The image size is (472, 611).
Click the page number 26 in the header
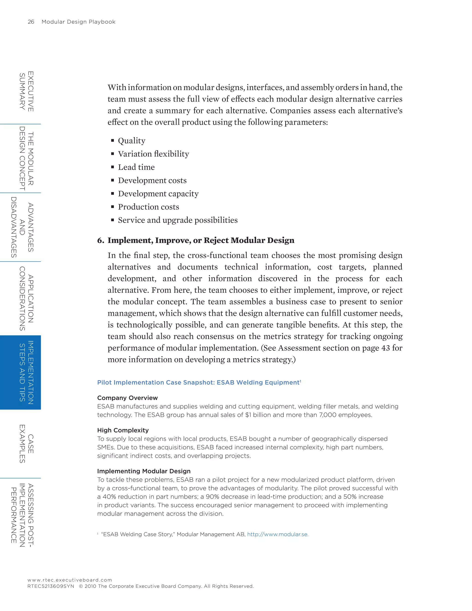[31, 22]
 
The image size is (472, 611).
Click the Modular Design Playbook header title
[78, 22]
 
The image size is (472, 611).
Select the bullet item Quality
[131, 141]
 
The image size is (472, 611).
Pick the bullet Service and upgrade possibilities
[177, 220]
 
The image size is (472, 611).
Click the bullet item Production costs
[148, 207]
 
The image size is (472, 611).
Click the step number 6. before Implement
[100, 240]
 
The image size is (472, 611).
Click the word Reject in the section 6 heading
[216, 240]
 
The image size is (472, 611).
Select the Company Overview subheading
[127, 398]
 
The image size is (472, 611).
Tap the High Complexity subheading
[123, 430]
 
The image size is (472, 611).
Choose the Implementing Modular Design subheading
[144, 471]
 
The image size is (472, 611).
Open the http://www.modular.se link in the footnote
[277, 534]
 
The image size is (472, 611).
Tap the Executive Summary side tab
[27, 91]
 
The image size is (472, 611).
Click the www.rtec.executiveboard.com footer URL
[70, 580]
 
